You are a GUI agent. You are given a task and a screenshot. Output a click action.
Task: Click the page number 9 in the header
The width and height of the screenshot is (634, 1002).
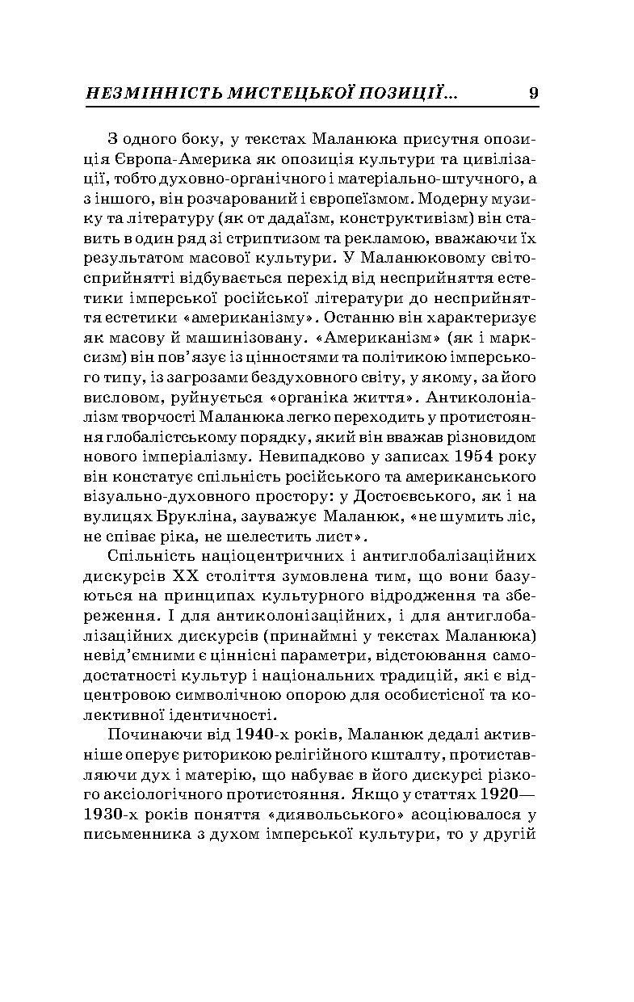tap(533, 93)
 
